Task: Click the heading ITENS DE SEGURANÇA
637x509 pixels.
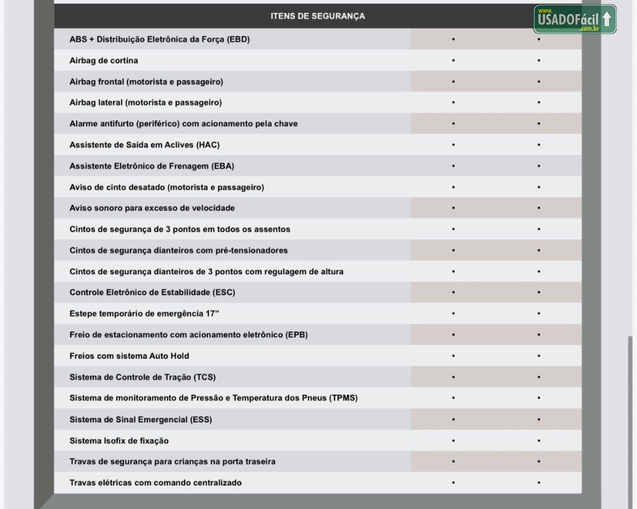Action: click(317, 16)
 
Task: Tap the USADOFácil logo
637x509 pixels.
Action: click(574, 20)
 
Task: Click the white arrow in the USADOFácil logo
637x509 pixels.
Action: click(606, 19)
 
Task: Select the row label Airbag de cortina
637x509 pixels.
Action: click(104, 61)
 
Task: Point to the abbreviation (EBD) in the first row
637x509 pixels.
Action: click(238, 40)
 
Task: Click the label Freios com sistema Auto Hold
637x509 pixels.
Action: click(129, 356)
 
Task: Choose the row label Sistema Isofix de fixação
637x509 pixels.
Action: click(119, 441)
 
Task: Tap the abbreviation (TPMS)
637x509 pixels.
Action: click(343, 399)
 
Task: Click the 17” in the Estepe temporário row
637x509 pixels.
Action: click(213, 314)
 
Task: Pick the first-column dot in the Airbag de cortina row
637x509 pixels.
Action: click(453, 61)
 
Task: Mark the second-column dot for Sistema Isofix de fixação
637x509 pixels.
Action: click(539, 441)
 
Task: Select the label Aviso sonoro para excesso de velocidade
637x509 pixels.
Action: click(152, 208)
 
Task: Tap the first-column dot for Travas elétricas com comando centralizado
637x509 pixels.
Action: click(453, 483)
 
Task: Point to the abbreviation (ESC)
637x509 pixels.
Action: click(224, 293)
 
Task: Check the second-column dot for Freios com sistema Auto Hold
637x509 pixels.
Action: click(539, 356)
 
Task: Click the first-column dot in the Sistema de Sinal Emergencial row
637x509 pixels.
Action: click(453, 419)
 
